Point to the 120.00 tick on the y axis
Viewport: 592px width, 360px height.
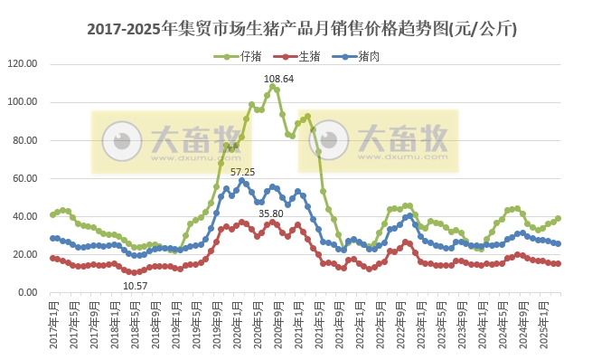20,64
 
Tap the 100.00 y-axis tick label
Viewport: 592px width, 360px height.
20,102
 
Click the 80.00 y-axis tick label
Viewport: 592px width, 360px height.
22,140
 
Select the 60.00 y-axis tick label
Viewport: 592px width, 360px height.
22,178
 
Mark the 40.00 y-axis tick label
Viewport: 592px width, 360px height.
22,216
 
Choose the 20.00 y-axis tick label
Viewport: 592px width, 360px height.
22,254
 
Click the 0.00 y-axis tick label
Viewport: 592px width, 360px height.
24,292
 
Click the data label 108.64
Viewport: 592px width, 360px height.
278,79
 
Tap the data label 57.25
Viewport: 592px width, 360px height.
243,171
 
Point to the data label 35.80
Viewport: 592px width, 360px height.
271,213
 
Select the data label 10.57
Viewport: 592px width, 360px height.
136,286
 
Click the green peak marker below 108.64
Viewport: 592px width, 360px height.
273,87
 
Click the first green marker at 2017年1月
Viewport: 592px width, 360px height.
52,215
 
